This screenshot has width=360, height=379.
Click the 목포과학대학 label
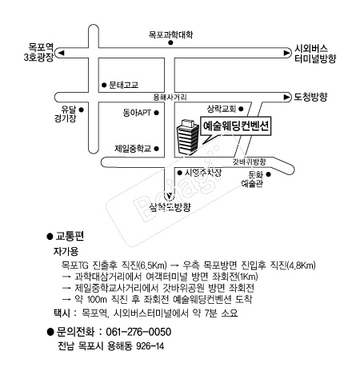tap(170, 35)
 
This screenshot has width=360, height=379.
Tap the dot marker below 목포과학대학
tap(170, 42)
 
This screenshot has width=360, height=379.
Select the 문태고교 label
tap(124, 85)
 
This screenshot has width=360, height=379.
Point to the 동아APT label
tap(137, 113)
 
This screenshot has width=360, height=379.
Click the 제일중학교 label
tap(133, 149)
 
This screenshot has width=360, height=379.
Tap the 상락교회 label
tap(222, 109)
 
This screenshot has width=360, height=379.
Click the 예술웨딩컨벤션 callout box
tap(236, 126)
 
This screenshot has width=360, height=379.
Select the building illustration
tap(188, 138)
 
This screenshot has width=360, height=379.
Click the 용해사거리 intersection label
tap(170, 97)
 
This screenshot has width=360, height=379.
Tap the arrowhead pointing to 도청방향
tap(287, 98)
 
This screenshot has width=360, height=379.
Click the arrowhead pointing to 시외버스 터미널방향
tap(287, 53)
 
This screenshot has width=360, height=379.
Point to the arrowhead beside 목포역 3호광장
tap(62, 53)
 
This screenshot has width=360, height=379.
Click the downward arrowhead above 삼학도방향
tap(170, 197)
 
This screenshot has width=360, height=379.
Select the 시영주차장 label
tap(203, 173)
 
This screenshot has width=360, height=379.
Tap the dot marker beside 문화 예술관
tap(269, 174)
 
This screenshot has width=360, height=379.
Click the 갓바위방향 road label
tap(250, 162)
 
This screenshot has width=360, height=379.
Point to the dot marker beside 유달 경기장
tap(82, 110)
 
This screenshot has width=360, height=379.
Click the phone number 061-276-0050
tap(138, 332)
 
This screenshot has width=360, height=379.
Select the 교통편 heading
tap(70, 236)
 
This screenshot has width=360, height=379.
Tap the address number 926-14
tap(150, 346)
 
